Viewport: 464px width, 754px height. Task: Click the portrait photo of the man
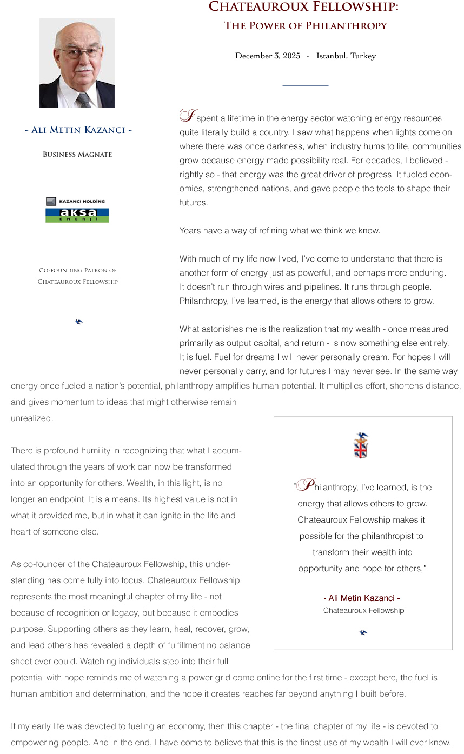(77, 63)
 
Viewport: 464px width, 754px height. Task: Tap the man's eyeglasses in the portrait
(79, 53)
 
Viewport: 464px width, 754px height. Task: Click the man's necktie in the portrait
(83, 100)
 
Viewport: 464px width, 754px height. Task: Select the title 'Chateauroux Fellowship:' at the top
(304, 7)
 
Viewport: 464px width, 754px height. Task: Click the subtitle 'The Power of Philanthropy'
(306, 25)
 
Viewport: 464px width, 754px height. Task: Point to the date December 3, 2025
(267, 56)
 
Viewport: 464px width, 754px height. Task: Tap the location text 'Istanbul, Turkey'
(346, 56)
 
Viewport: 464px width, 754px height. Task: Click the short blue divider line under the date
(305, 85)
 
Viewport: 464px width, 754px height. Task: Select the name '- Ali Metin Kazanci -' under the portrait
(78, 130)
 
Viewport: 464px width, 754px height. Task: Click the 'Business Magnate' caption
(77, 155)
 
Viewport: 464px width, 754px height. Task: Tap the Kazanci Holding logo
(76, 201)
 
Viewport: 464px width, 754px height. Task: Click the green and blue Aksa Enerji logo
(77, 215)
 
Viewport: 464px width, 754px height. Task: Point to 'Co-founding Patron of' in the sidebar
(77, 270)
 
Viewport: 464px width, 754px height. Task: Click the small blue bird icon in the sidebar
(79, 322)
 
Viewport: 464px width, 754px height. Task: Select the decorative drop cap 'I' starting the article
(188, 116)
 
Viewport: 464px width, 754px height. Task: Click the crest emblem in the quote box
(361, 445)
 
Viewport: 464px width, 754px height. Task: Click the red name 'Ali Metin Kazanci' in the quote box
(362, 598)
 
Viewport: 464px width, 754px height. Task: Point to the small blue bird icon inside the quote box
(363, 632)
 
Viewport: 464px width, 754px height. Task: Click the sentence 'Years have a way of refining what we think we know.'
(280, 231)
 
